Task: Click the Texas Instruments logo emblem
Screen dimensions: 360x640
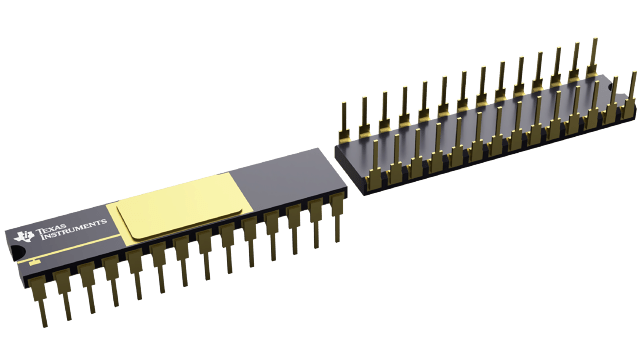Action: [25, 236]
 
